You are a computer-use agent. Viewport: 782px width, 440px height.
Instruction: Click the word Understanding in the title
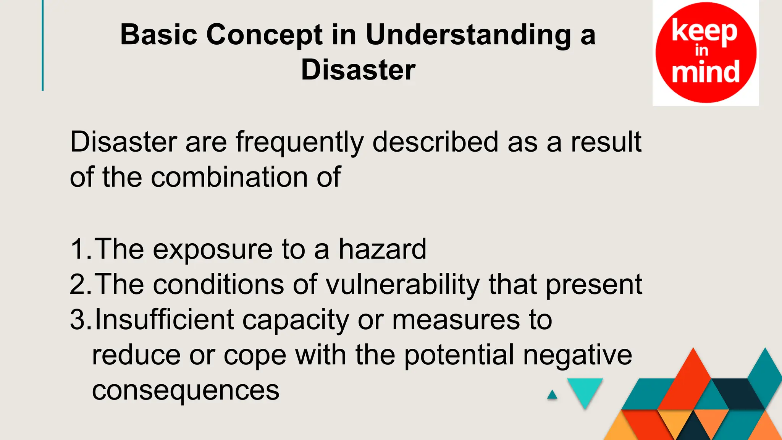468,35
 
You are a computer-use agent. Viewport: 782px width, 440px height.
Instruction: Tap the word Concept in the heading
264,35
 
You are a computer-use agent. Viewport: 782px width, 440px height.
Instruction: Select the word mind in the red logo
706,72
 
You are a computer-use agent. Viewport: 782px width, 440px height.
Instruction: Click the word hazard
382,249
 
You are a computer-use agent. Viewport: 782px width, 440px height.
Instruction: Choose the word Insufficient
164,320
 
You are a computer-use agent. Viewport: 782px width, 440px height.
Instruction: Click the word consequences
186,390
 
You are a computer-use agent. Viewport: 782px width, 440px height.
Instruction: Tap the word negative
577,356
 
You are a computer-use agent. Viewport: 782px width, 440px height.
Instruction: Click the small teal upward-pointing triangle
552,395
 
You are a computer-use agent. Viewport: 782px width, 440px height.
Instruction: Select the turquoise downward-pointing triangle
585,390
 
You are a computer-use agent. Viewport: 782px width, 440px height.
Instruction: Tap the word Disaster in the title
358,70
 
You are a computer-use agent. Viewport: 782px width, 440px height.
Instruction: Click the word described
435,142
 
